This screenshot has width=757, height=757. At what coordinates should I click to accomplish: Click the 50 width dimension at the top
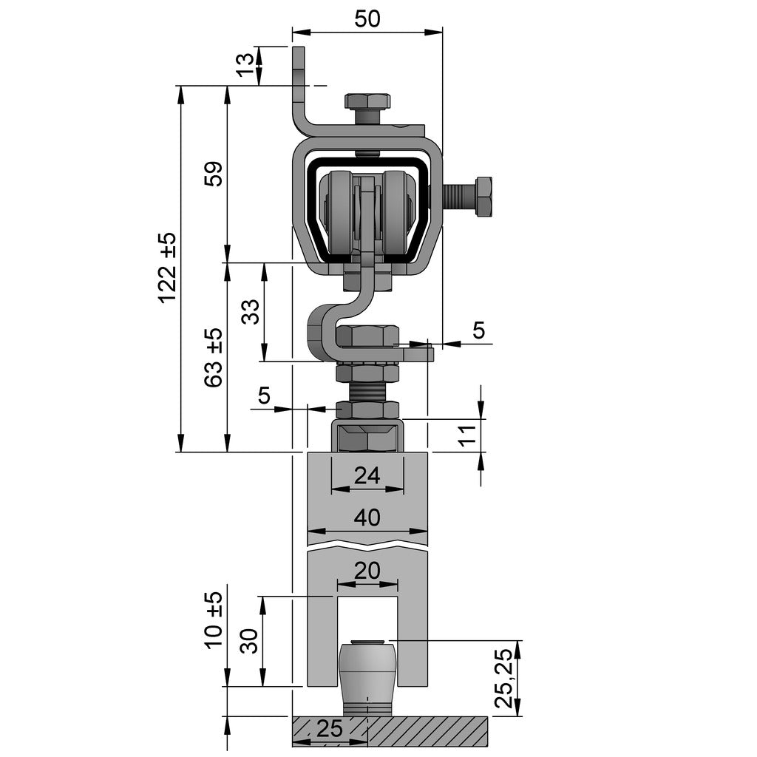pos(367,18)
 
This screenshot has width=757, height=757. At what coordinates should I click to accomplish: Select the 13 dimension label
pos(245,65)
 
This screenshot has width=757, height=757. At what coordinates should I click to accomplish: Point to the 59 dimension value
pos(213,174)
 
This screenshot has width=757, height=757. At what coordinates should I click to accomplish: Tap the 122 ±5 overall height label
pos(168,267)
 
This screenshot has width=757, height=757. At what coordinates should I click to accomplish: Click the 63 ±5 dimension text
pos(213,357)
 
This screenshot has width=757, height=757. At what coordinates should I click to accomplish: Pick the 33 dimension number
pos(251,311)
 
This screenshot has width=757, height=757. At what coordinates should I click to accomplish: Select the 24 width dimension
pos(367,475)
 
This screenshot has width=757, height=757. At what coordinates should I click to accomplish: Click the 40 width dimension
pos(367,517)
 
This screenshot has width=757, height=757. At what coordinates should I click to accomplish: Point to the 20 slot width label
pos(367,571)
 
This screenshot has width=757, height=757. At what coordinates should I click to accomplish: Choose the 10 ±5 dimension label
pos(213,619)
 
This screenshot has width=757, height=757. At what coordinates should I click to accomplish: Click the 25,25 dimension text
pos(505,678)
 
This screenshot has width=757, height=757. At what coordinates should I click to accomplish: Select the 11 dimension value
pos(466,435)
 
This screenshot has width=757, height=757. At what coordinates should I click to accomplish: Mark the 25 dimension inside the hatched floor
pos(330,730)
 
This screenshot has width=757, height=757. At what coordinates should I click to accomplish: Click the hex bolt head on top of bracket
pos(367,101)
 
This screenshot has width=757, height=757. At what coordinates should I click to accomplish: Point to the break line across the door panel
pos(367,547)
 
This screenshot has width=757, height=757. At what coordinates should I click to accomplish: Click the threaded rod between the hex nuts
pos(367,391)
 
